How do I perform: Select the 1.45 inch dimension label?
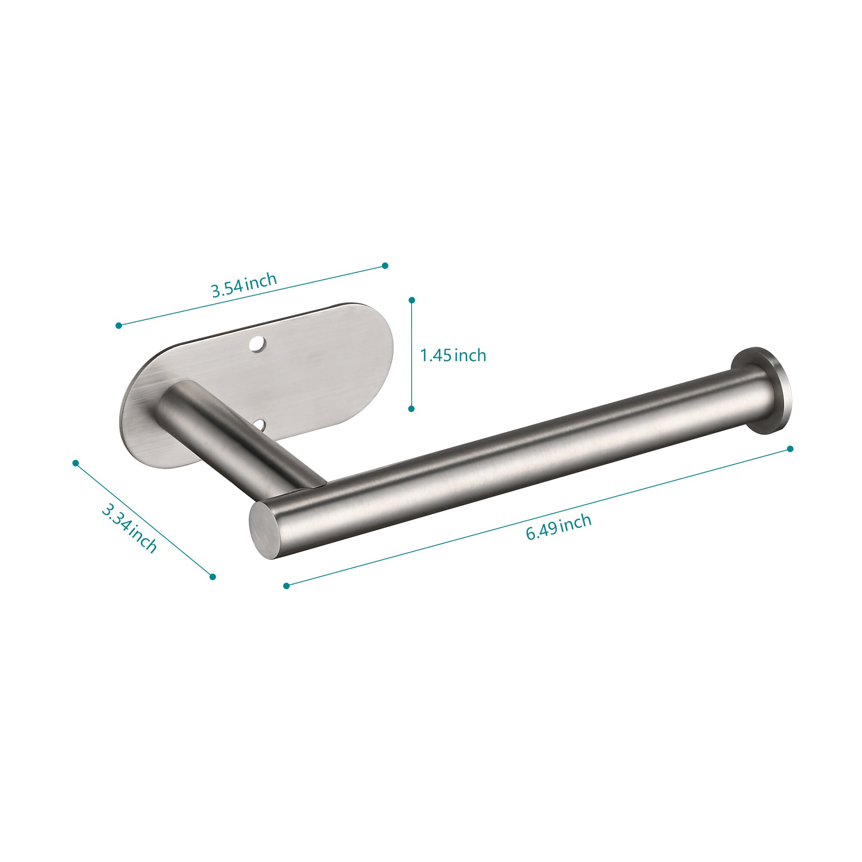(453, 356)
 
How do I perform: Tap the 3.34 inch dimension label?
(129, 528)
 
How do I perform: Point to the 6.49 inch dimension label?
(559, 527)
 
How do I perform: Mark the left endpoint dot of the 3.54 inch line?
(119, 326)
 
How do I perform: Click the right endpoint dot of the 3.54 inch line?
(385, 265)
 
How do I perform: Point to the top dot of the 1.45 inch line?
(412, 300)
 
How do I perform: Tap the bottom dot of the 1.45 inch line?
(411, 409)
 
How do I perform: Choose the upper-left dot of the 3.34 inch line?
(76, 463)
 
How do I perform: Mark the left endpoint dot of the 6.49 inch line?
(286, 586)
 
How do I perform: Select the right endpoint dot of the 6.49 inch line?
(790, 449)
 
